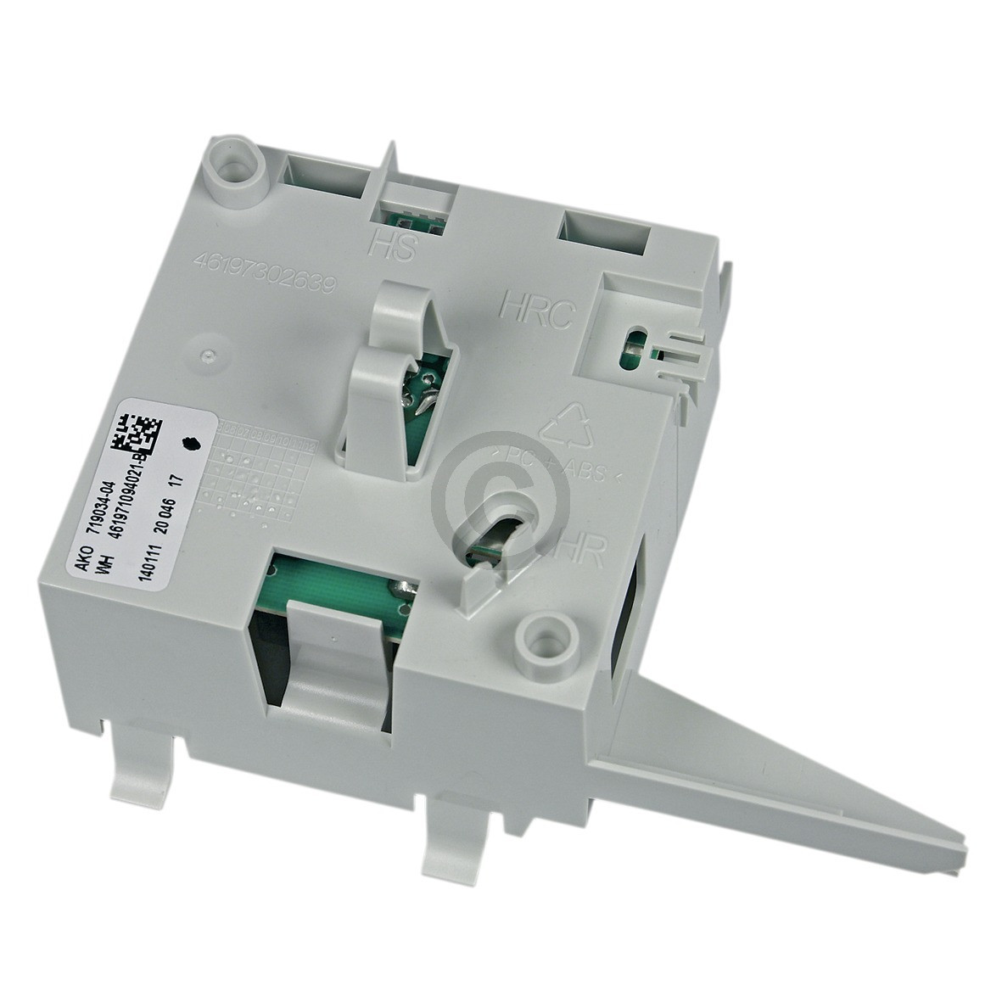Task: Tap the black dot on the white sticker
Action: (189, 443)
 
